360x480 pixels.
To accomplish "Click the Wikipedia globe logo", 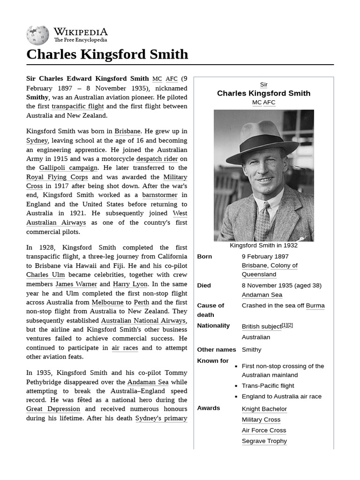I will click(37, 35).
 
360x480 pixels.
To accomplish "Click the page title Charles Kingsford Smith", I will click(107, 54).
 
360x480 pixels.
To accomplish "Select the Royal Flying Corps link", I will click(57, 177).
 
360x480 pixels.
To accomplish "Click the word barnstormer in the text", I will click(160, 195).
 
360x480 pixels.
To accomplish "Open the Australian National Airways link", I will click(143, 321).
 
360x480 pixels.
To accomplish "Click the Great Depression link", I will click(53, 409).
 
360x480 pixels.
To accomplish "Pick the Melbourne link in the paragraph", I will click(107, 302).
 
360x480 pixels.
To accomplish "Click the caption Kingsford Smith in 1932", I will click(263, 245).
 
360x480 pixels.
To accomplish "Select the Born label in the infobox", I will click(204, 256).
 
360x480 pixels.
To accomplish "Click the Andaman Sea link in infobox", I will click(262, 295).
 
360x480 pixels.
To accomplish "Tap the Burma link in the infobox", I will click(315, 306).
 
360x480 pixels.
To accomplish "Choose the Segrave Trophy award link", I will click(264, 441).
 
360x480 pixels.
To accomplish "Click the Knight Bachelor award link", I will click(264, 409).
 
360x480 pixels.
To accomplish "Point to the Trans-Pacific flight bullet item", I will click(268, 386).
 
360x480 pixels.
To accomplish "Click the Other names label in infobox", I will click(216, 350).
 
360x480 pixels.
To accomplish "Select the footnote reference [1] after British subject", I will click(284, 325).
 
